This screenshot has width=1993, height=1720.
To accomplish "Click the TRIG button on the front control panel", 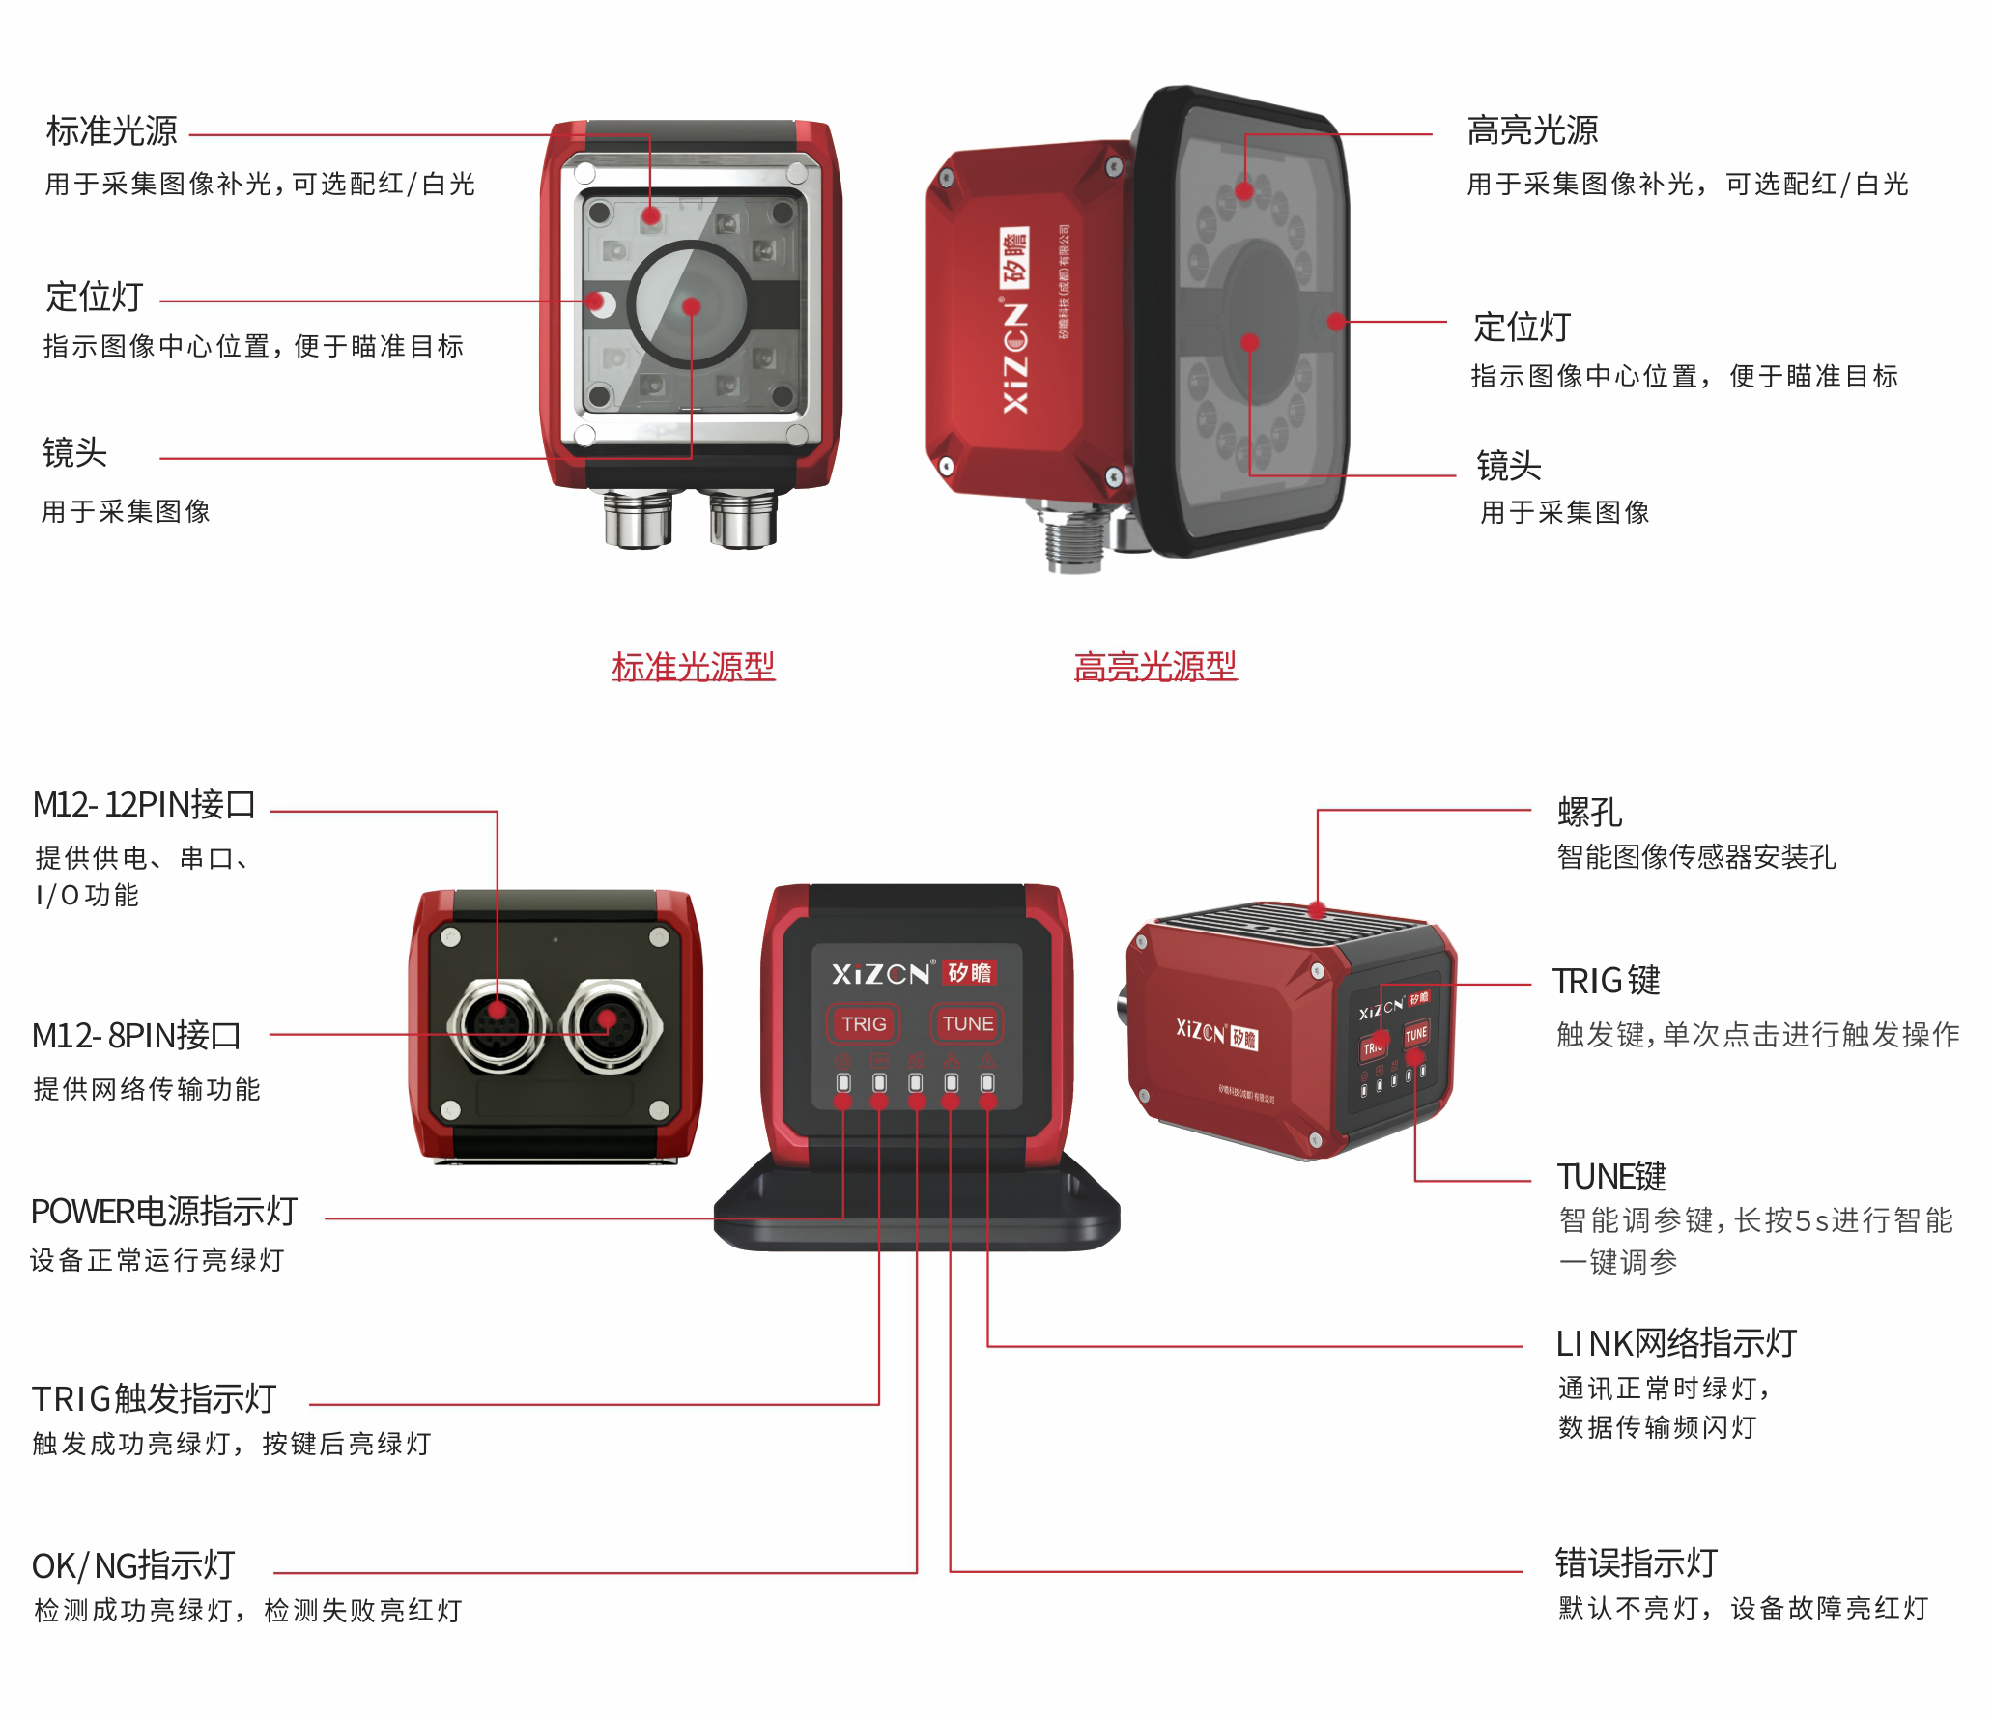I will click(863, 1023).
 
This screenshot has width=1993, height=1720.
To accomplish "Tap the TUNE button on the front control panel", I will click(967, 1023).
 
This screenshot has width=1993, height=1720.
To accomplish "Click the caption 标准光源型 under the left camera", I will click(693, 667).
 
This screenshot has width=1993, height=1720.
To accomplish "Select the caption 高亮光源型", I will click(1154, 667).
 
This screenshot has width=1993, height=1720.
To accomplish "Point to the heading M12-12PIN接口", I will click(144, 805).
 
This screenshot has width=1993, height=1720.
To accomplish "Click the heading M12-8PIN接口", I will click(136, 1036).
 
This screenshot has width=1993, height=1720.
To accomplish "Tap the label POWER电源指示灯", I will click(164, 1212).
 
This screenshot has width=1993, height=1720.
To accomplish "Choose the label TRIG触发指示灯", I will click(155, 1398).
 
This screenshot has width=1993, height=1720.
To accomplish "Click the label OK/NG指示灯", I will click(133, 1565).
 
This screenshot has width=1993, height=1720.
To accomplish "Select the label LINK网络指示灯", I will click(1676, 1343).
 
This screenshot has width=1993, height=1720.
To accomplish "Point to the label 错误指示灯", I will click(1636, 1562).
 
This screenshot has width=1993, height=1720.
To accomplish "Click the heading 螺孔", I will click(1589, 813).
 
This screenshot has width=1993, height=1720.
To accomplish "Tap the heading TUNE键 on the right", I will click(1611, 1177).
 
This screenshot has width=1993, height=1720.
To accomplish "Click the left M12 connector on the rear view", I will click(498, 1026).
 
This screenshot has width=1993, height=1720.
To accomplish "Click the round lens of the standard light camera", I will click(690, 304).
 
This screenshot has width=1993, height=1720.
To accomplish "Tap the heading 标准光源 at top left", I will click(112, 130).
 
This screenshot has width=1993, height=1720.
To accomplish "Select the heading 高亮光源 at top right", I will click(1532, 130).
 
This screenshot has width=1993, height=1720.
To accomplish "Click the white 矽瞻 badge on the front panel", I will click(970, 972).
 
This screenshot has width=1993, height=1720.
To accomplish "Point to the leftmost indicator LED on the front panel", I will click(843, 1083).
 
